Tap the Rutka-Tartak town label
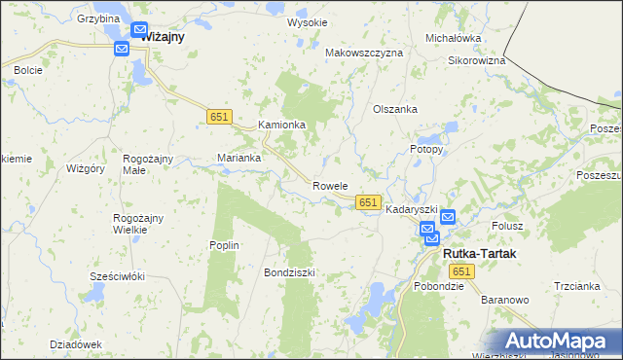tap(479, 253)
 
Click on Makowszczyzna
tap(363, 53)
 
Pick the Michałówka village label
tap(454, 38)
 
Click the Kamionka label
tap(281, 126)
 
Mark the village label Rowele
tap(330, 186)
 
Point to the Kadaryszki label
tap(412, 210)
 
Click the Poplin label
tap(224, 245)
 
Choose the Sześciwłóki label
tap(117, 276)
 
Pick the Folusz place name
tap(507, 226)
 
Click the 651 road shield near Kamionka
tap(219, 117)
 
